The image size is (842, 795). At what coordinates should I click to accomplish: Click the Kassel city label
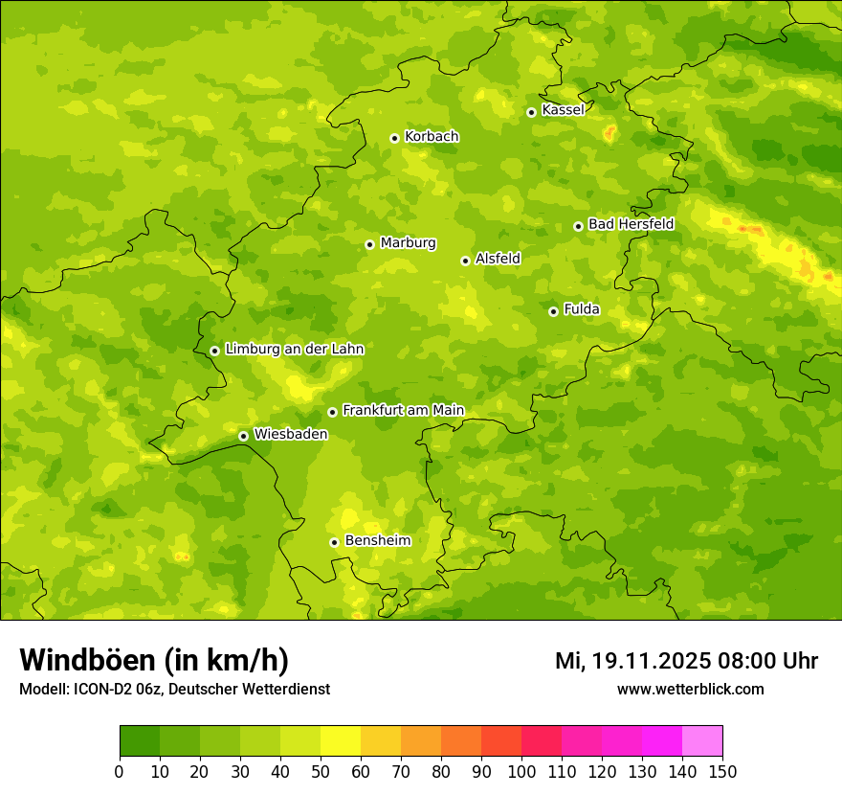[563, 110]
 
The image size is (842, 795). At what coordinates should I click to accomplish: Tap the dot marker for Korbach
[394, 138]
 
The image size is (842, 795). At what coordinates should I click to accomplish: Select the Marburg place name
[408, 243]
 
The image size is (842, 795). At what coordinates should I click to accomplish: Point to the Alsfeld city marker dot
[465, 261]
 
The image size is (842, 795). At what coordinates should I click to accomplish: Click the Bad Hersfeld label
[631, 224]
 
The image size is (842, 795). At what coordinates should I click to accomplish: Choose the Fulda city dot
[553, 311]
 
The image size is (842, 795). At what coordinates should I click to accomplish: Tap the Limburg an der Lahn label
[294, 350]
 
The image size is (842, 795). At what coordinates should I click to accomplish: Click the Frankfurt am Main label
[403, 411]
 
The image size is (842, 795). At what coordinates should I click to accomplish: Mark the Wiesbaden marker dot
[243, 436]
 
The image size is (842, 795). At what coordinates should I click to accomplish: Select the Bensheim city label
[377, 541]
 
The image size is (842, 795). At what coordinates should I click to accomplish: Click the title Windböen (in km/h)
[154, 661]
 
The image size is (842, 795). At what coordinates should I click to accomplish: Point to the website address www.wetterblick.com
[690, 690]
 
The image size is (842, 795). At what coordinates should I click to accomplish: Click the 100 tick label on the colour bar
[521, 771]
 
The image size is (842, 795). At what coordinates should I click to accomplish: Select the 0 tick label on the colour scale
[120, 771]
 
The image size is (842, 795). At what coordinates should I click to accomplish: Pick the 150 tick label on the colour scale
[722, 771]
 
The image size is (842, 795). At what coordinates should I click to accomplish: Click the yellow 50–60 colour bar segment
[341, 741]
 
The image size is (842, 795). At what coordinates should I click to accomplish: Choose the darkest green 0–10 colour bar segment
[140, 741]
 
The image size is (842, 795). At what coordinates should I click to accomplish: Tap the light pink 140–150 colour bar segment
[702, 741]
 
